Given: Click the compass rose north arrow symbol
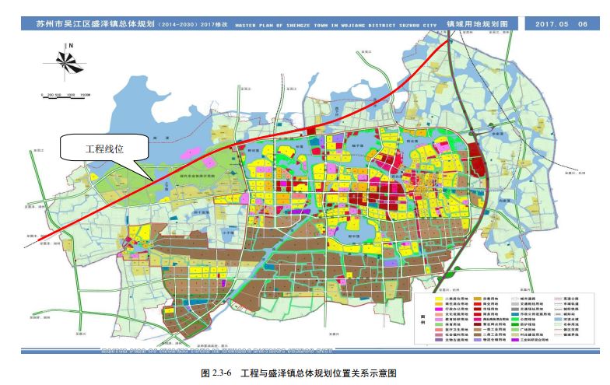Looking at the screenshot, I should tap(68, 63).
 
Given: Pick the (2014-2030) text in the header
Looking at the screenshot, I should tap(180, 25).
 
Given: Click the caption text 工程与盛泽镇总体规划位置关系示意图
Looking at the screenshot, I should tap(320, 374).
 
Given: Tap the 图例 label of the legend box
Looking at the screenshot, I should tap(422, 319).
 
